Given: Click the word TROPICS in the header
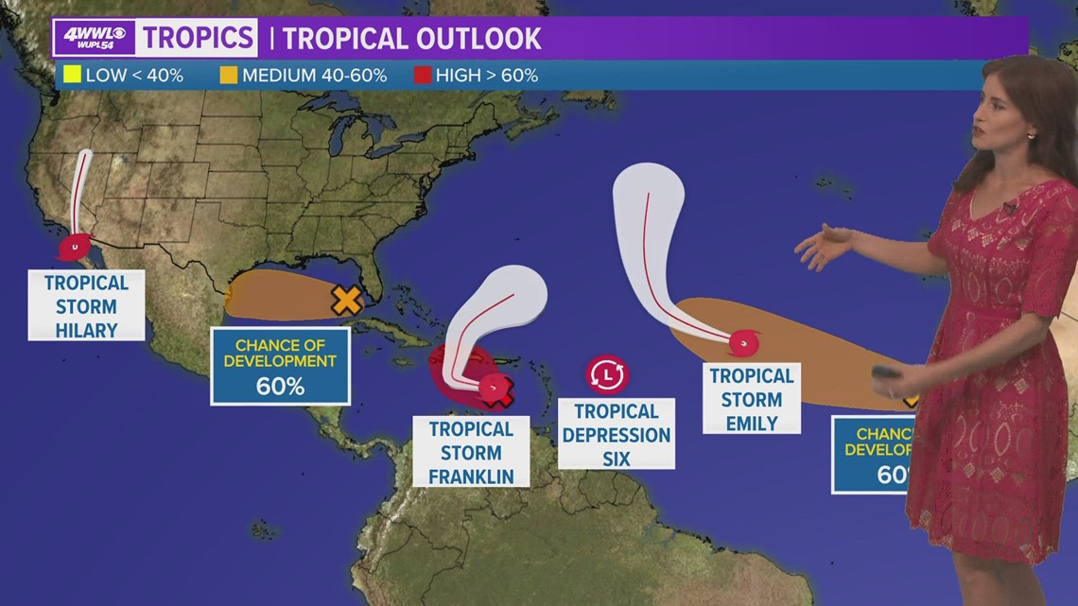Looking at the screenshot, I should click(x=199, y=38).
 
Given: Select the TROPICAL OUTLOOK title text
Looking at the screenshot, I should click(x=411, y=39).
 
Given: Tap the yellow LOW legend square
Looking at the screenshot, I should click(x=72, y=75).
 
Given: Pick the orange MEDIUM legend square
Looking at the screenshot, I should click(x=229, y=75).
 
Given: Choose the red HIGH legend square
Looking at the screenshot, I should click(x=423, y=75).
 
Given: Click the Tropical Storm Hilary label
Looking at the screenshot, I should click(x=86, y=305).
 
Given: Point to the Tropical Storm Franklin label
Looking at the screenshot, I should click(x=471, y=452).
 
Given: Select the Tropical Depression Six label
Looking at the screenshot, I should click(x=617, y=434).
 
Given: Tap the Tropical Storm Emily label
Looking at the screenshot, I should click(x=752, y=398).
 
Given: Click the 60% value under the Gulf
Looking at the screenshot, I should click(x=280, y=386).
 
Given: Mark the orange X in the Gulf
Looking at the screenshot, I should click(x=347, y=301).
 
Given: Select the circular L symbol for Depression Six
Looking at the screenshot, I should click(x=606, y=374).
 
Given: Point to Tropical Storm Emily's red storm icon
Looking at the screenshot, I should click(x=744, y=340).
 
